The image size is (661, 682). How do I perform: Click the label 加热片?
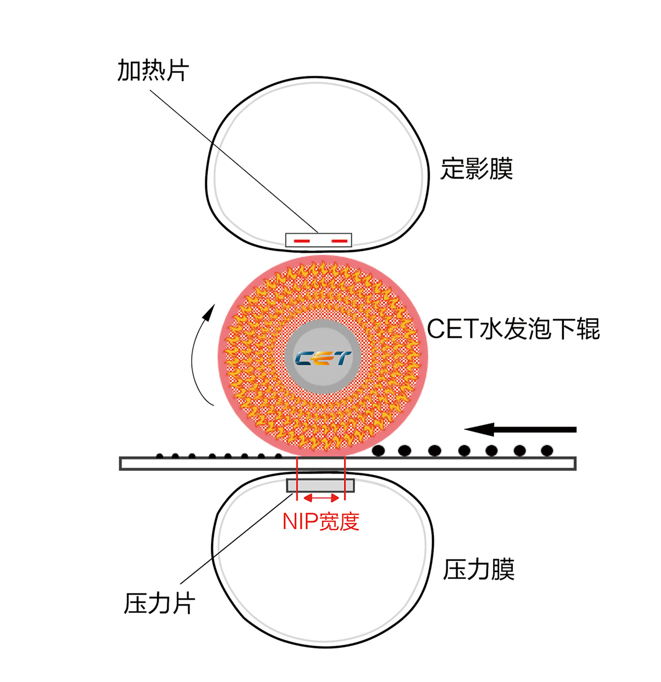tap(153, 70)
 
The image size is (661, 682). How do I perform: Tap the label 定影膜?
tap(477, 169)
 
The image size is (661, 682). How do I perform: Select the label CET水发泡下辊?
tap(514, 329)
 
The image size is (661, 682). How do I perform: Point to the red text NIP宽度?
tap(321, 522)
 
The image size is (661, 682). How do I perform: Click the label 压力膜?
tap(479, 570)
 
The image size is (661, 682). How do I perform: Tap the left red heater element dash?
tap(302, 241)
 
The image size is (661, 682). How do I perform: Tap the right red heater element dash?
tap(339, 241)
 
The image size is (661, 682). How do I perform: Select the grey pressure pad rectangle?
tap(320, 485)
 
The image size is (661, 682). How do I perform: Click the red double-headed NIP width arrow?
tap(321, 498)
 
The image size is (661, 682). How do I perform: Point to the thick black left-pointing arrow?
tap(521, 430)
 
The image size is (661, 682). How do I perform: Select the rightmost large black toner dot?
tap(547, 450)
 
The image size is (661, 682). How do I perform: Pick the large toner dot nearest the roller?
tap(378, 450)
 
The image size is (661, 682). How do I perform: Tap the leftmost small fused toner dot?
tap(159, 456)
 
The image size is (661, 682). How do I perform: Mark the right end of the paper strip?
tap(576, 463)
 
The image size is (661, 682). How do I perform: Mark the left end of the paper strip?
tap(120, 463)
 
